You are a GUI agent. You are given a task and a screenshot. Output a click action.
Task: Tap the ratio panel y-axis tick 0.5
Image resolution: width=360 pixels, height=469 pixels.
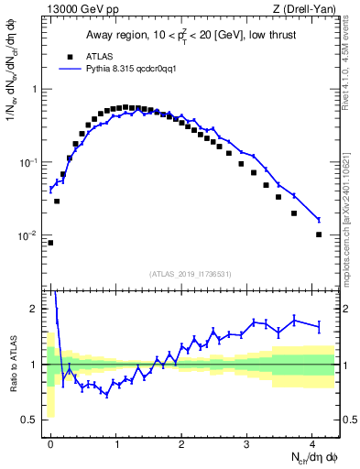[32, 420]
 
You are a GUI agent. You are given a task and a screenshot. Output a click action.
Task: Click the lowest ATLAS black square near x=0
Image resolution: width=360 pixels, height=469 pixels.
[50, 243]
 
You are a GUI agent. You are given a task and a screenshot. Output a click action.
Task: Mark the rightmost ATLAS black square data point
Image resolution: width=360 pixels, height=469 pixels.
[319, 234]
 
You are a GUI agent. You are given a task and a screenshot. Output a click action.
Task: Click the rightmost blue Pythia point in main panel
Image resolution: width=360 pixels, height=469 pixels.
[319, 220]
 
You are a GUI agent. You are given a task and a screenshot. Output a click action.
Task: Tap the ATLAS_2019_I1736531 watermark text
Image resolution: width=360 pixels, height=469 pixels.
[188, 273]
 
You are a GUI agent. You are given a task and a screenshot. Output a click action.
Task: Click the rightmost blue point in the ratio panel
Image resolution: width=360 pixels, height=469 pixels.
[319, 326]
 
